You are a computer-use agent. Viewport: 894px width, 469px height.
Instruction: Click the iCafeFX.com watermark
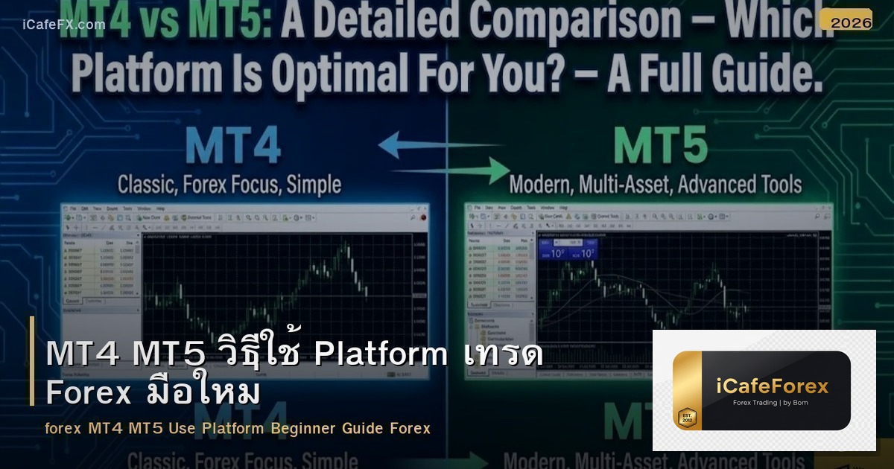tap(64, 25)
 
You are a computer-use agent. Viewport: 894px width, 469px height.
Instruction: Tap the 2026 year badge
tap(851, 23)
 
